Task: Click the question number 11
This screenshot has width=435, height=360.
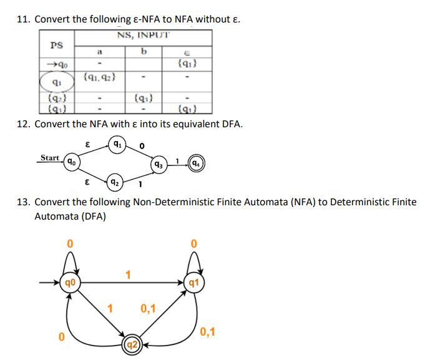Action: click(23, 19)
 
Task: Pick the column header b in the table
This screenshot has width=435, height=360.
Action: click(144, 51)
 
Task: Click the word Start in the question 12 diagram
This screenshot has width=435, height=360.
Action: click(50, 157)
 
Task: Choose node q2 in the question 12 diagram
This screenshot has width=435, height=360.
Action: click(114, 183)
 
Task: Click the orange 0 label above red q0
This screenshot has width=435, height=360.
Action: click(71, 242)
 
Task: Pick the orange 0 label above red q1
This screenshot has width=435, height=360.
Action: click(194, 242)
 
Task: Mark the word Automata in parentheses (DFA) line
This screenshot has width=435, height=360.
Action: click(54, 216)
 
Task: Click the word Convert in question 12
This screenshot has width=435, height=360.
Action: click(52, 124)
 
